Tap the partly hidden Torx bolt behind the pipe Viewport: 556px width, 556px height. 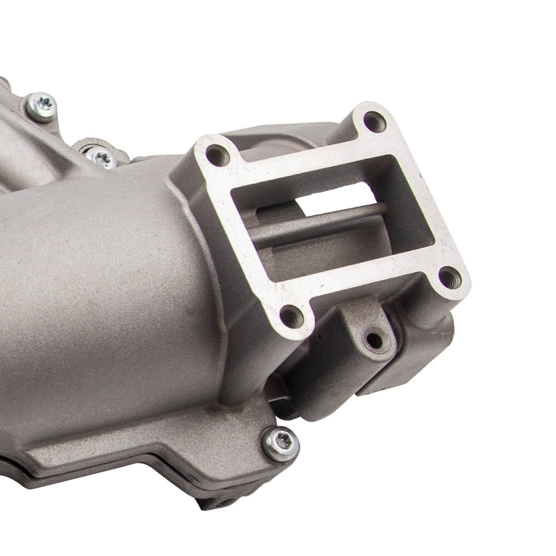102,158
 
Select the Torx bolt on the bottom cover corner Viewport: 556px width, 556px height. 281,443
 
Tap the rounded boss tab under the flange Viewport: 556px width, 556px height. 367,328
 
